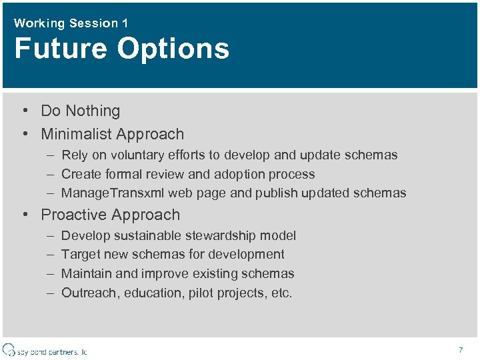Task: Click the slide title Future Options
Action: coord(121,49)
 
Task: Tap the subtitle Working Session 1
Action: coord(71,23)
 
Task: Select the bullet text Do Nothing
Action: coord(80,111)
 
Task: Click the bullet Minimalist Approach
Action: coord(112,134)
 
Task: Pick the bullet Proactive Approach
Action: coord(110,215)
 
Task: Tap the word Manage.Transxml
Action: coord(113,193)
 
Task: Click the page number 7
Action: coord(461,350)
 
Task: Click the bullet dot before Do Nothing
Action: coord(24,111)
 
